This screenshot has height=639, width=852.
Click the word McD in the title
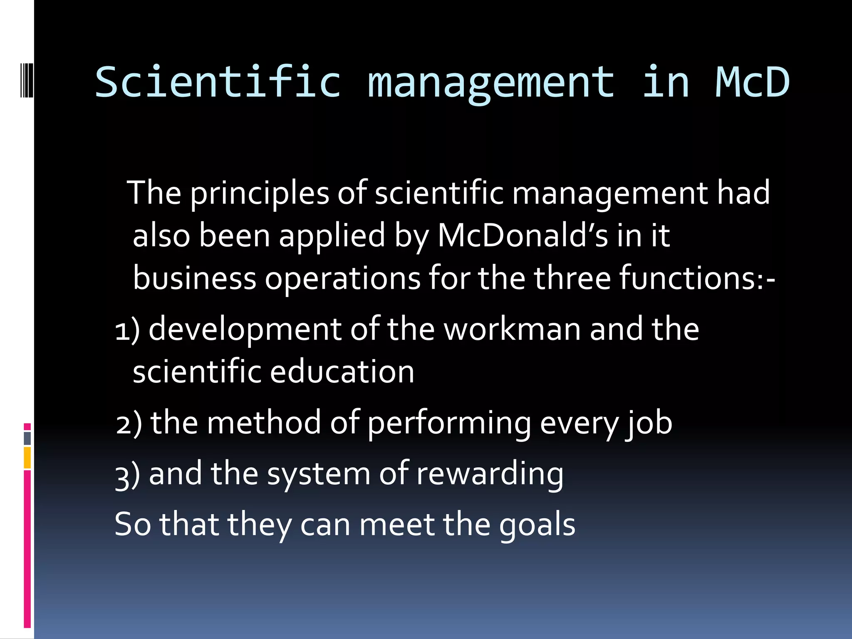[752, 82]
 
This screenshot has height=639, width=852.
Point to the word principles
[260, 193]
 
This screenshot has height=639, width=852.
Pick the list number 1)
[127, 329]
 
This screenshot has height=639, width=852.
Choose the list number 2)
[129, 423]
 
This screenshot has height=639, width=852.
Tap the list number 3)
[127, 474]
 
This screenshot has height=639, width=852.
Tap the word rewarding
[490, 474]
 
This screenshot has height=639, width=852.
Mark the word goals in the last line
[537, 525]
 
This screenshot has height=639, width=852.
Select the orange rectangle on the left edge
[27, 458]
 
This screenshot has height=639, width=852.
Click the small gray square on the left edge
[27, 438]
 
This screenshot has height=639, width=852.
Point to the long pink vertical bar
[27, 549]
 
